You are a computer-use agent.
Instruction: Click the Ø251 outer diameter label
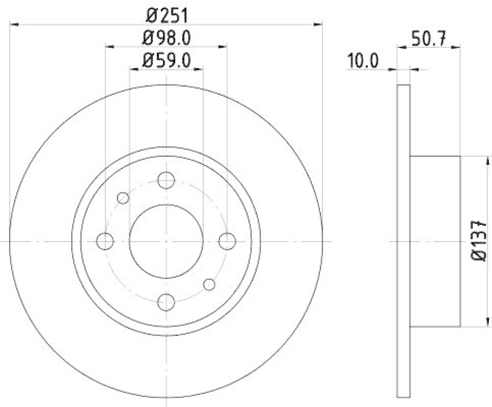167,14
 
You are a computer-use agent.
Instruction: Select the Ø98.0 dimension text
167,38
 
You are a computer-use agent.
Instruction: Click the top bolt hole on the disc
166,180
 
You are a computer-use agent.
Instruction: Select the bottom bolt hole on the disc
166,302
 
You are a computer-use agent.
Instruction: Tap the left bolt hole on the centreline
105,241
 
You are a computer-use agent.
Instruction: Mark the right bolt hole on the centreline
228,241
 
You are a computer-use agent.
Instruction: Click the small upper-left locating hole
123,198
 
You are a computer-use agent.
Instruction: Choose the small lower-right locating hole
209,284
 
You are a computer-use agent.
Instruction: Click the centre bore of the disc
166,241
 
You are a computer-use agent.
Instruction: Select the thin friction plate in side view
403,241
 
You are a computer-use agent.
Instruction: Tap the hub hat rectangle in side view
435,241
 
